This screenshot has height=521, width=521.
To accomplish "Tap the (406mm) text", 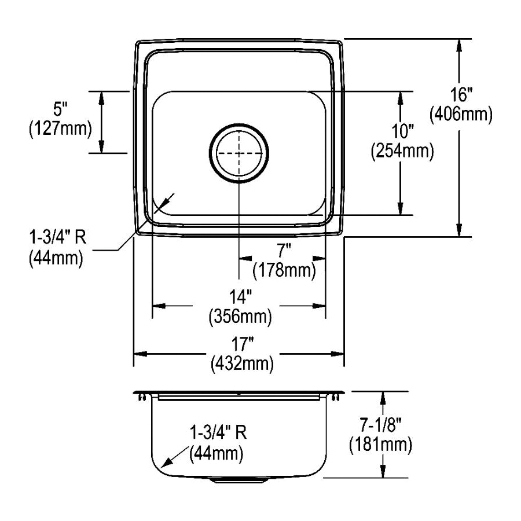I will [461, 115].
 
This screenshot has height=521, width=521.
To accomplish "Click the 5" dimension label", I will [60, 108].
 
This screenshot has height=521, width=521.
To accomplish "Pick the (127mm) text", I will [60, 128].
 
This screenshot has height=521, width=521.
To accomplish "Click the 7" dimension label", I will [284, 251].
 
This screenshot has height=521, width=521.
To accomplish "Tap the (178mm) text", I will [284, 270].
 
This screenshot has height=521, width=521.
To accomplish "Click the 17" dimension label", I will [239, 344].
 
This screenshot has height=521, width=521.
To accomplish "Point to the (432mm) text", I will [239, 364].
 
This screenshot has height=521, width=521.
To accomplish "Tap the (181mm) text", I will [380, 445].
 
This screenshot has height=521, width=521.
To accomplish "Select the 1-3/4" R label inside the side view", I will [218, 432].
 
